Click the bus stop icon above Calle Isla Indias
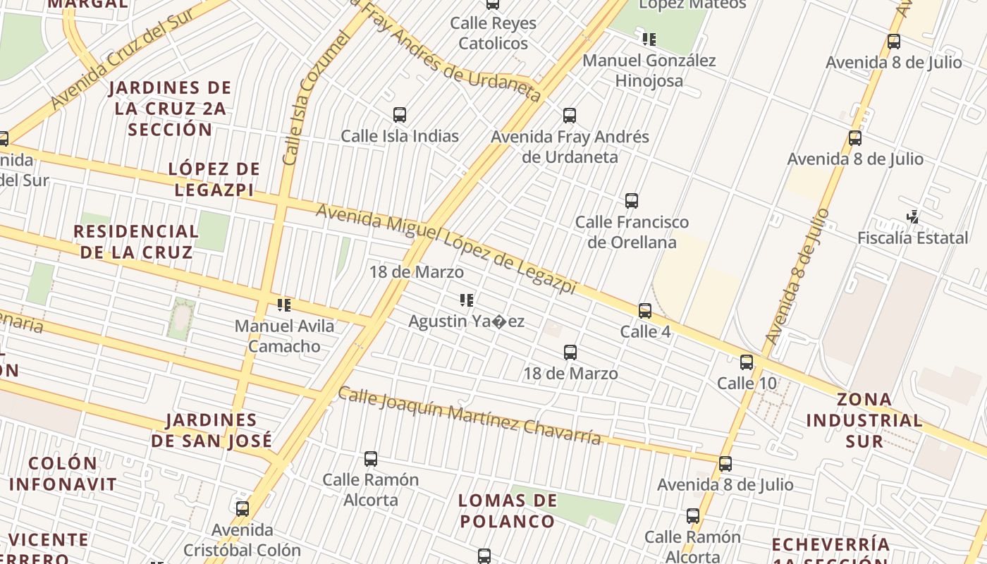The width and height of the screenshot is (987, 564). point(400,115)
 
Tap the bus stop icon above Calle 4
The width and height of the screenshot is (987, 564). point(644,311)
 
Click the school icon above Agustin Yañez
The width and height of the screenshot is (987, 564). point(466,301)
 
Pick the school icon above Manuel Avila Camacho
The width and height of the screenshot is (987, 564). point(284,305)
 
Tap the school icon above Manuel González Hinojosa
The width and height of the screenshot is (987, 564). point(649,39)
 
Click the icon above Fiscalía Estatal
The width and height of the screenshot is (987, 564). point(913,217)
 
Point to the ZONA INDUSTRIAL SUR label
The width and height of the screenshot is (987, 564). point(864,420)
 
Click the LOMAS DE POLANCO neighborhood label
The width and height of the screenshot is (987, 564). point(507,511)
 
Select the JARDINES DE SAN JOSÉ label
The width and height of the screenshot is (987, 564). point(211,430)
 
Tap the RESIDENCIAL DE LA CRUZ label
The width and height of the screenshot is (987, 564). point(136,242)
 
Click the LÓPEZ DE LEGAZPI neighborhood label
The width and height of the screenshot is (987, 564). point(214,179)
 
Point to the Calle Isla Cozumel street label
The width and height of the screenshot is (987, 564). point(315,99)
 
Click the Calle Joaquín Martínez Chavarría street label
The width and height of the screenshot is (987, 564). point(469,416)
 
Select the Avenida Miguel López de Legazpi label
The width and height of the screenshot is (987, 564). point(446,249)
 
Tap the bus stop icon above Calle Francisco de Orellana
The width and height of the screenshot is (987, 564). point(632,201)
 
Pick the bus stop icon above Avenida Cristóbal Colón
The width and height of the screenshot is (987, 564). point(243,508)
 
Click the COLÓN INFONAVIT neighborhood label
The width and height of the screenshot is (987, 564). point(63,474)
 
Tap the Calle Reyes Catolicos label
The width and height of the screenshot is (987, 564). point(493,33)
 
